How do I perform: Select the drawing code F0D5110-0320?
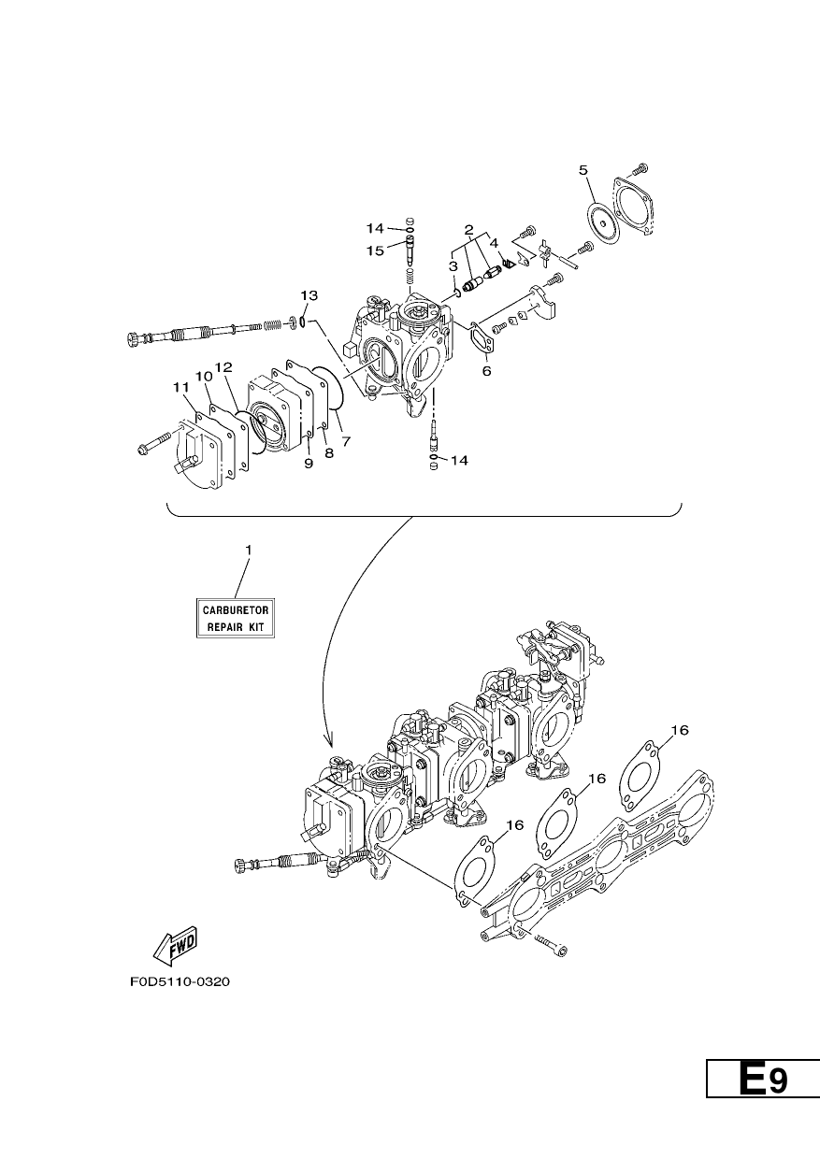pos(180,981)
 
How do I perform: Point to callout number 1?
pos(248,550)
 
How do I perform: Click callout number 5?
pos(583,170)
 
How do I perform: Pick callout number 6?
pos(486,371)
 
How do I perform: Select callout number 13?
pos(309,295)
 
